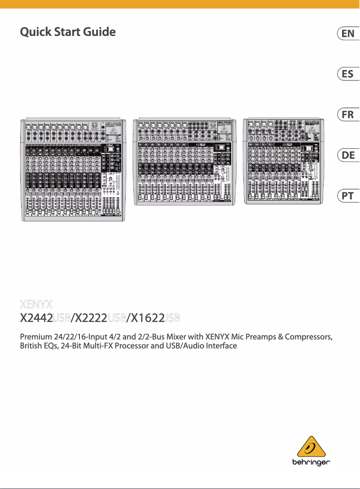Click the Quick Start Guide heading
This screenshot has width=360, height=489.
pos(68,32)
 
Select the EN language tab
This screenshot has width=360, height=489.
pos(348,34)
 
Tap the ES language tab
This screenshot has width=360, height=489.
pos(348,74)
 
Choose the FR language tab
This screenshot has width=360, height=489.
pos(348,115)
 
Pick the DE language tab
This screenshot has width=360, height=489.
pos(348,155)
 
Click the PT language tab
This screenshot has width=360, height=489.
pos(348,196)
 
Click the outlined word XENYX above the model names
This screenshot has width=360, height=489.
pos(37,304)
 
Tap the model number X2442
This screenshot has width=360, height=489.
pos(36,318)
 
